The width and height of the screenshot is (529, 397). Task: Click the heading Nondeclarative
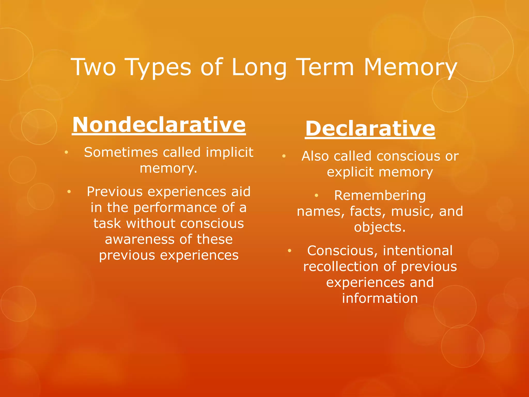[159, 125]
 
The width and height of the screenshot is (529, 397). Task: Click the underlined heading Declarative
[370, 128]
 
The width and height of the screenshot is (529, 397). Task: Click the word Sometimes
[121, 152]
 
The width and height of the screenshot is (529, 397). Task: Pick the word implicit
[229, 152]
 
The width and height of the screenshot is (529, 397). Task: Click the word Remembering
[380, 195]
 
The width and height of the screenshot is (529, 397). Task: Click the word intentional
[417, 251]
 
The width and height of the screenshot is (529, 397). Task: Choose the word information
[380, 299]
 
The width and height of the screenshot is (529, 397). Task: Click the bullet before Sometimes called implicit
[66, 152]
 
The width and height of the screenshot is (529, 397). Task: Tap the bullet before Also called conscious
[284, 156]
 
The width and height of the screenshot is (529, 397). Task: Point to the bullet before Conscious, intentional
[290, 251]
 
